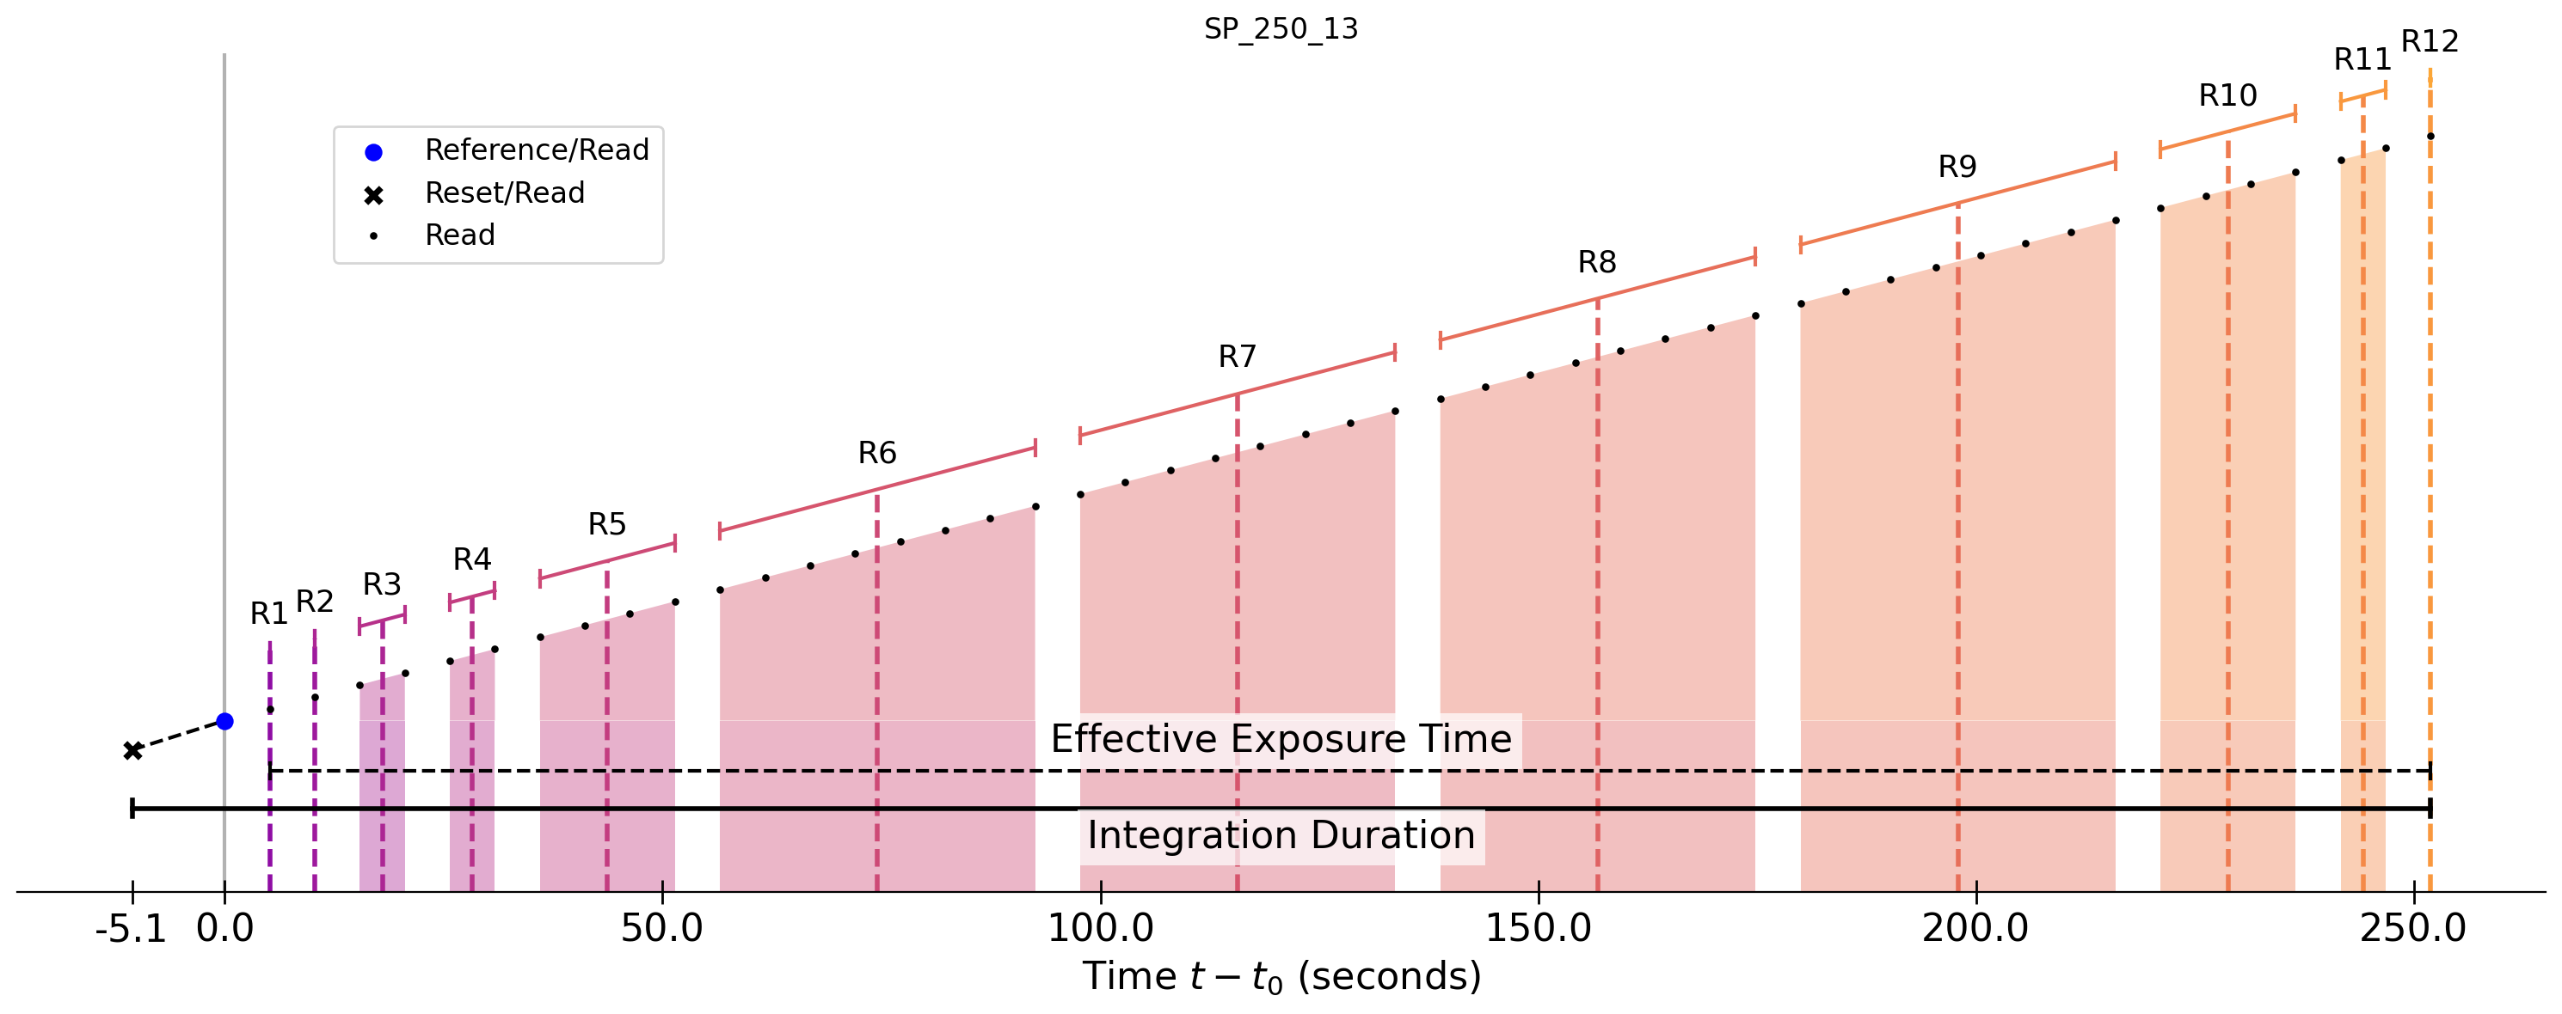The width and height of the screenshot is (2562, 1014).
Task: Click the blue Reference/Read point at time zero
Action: point(224,722)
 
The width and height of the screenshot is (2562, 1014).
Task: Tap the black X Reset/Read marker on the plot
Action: point(132,750)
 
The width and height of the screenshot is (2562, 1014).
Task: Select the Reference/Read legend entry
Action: point(536,150)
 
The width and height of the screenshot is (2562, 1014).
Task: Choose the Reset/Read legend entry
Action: point(504,192)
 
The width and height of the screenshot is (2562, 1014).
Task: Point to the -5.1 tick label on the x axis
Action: point(130,930)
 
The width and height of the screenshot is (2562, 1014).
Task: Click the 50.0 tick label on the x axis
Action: point(661,930)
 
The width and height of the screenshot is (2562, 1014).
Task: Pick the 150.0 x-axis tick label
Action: point(1538,930)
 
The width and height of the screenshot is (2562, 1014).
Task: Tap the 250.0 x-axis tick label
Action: point(2413,930)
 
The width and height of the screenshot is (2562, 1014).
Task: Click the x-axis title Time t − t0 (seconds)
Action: point(1281,977)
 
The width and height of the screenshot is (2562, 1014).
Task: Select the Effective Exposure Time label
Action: point(1281,740)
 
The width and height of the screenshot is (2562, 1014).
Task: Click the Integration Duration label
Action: point(1281,836)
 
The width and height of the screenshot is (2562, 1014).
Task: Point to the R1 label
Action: point(268,614)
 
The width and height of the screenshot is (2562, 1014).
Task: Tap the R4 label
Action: point(472,559)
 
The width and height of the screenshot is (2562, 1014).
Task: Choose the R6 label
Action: point(877,454)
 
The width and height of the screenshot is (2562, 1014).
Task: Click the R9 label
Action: point(1957,167)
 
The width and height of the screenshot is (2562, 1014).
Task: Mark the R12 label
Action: point(2430,42)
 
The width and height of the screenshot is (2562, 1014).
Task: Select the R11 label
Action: point(2362,59)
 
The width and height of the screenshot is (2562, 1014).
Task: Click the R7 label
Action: point(1238,357)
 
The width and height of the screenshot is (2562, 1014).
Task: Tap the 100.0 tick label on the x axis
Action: point(1100,930)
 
